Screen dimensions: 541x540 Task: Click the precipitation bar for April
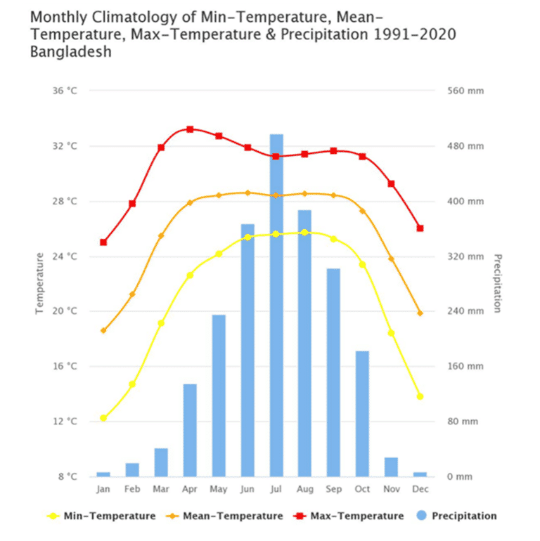(x=190, y=430)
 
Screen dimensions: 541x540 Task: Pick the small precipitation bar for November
(x=391, y=467)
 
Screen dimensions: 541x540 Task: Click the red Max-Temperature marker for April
(x=190, y=129)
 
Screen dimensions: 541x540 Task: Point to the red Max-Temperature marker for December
(x=420, y=228)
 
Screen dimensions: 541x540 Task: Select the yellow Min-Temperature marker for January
(x=103, y=418)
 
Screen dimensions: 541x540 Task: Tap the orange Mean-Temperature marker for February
(x=132, y=294)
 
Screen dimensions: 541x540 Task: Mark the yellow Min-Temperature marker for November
(x=391, y=333)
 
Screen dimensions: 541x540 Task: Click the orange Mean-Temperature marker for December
(x=420, y=313)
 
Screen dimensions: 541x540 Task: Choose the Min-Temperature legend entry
(x=101, y=516)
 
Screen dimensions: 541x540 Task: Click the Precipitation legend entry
(x=456, y=516)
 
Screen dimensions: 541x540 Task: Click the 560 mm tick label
(x=465, y=91)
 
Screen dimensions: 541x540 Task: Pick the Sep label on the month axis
(x=333, y=489)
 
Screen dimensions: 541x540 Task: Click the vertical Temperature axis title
(x=40, y=283)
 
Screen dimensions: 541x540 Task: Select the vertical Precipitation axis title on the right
(x=497, y=283)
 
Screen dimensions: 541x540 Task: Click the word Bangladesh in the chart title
(x=71, y=52)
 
